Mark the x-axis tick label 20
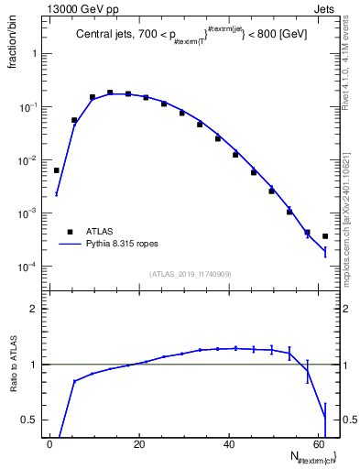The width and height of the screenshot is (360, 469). tap(139, 446)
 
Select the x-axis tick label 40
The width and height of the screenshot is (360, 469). tap(228, 446)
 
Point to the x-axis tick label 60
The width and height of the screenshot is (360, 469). tap(317, 446)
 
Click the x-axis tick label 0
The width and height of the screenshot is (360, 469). tap(50, 446)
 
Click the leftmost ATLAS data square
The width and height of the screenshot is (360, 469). tap(57, 170)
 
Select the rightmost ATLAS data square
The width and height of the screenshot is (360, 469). tap(325, 236)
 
